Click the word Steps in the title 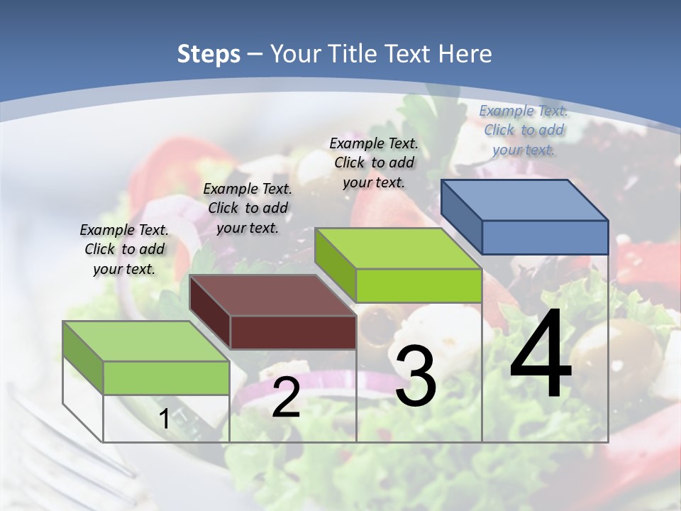[209, 54]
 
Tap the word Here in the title [465, 54]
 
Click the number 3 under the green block [416, 376]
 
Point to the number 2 [286, 397]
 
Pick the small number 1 [165, 419]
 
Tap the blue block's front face [545, 237]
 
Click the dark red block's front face [293, 332]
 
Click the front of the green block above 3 [419, 285]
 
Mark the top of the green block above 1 [146, 341]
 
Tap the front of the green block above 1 [166, 378]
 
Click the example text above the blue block [524, 130]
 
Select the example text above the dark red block [248, 208]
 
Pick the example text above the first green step [124, 249]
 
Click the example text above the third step [374, 163]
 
